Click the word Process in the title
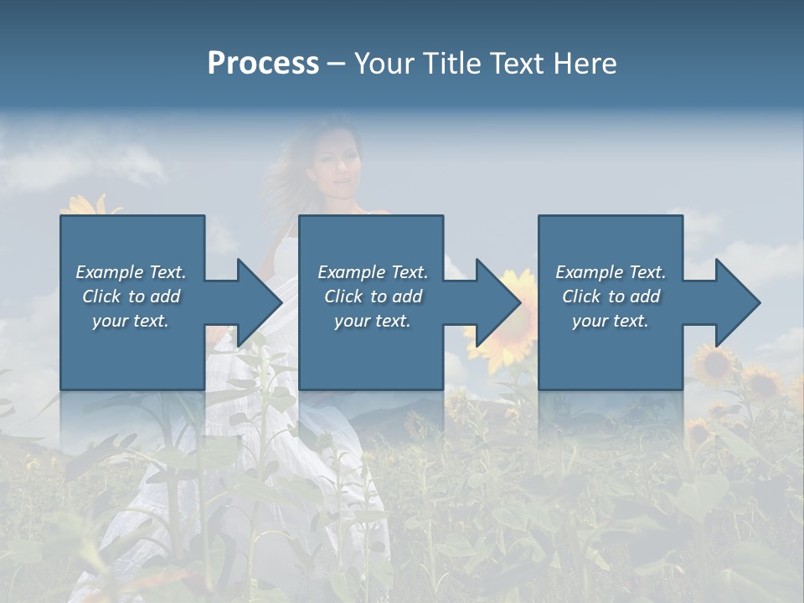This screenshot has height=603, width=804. [263, 64]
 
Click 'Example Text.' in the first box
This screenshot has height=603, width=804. [131, 272]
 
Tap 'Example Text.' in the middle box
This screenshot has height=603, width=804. [373, 272]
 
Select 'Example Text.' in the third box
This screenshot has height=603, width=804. [611, 272]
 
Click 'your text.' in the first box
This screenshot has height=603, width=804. [131, 321]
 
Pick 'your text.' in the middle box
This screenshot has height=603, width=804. [373, 321]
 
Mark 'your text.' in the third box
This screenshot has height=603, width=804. [611, 321]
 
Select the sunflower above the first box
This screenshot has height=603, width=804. [88, 205]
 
